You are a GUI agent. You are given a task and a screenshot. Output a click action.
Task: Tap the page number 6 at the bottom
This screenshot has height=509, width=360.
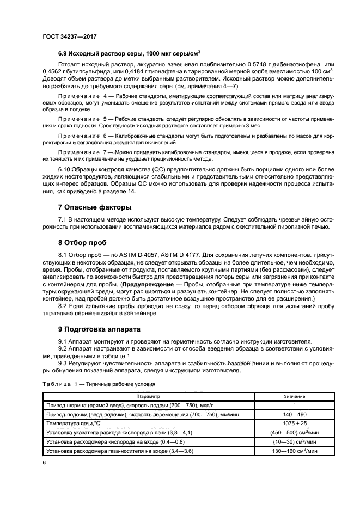tap(44, 462)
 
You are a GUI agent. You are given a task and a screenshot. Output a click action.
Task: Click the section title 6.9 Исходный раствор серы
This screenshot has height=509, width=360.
tap(129, 53)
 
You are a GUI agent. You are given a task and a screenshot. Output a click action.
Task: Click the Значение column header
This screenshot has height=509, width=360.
tap(294, 397)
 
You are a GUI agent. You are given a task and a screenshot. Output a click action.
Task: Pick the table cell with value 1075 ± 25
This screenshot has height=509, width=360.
tap(294, 422)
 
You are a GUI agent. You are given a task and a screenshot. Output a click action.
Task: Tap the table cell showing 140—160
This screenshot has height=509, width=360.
tap(294, 414)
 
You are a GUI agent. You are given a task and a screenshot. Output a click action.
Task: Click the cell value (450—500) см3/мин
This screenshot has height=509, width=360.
tap(294, 432)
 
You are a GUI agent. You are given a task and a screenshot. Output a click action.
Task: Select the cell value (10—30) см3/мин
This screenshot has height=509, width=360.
tap(294, 441)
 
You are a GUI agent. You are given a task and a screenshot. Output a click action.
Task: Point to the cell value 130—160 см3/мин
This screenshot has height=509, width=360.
tap(294, 450)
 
